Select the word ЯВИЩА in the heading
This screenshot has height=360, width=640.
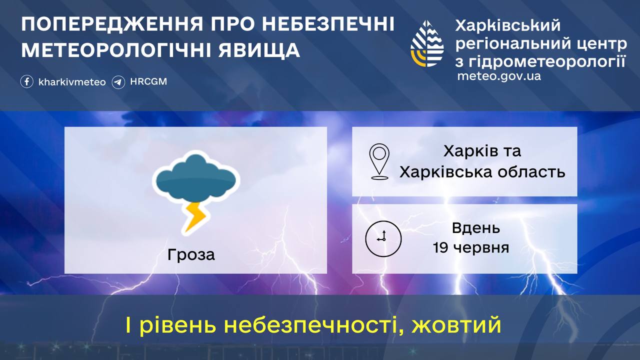259,50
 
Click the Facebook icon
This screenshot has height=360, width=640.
27,81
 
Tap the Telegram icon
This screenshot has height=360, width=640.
118,82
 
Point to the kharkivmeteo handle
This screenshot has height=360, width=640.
72,82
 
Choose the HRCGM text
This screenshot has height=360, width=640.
148,81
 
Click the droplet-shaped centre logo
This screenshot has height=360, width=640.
427,43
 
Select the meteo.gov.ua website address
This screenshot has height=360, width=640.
499,76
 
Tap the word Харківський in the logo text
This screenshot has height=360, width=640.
507,25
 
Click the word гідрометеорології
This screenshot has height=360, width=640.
547,61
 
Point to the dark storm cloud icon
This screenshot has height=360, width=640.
196,177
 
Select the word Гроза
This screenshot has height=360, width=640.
191,254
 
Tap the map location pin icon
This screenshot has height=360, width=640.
379,161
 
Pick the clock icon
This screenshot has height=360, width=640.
383,238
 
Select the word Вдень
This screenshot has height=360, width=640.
476,228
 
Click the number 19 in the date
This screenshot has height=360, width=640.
440,247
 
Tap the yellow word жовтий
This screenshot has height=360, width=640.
456,325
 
